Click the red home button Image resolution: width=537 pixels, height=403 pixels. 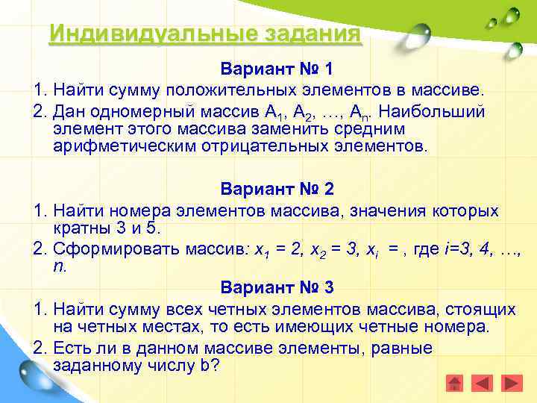455,384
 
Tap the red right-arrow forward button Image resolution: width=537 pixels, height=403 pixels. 512,384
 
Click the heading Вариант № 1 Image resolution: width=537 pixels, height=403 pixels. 277,69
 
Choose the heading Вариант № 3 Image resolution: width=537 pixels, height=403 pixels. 277,287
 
